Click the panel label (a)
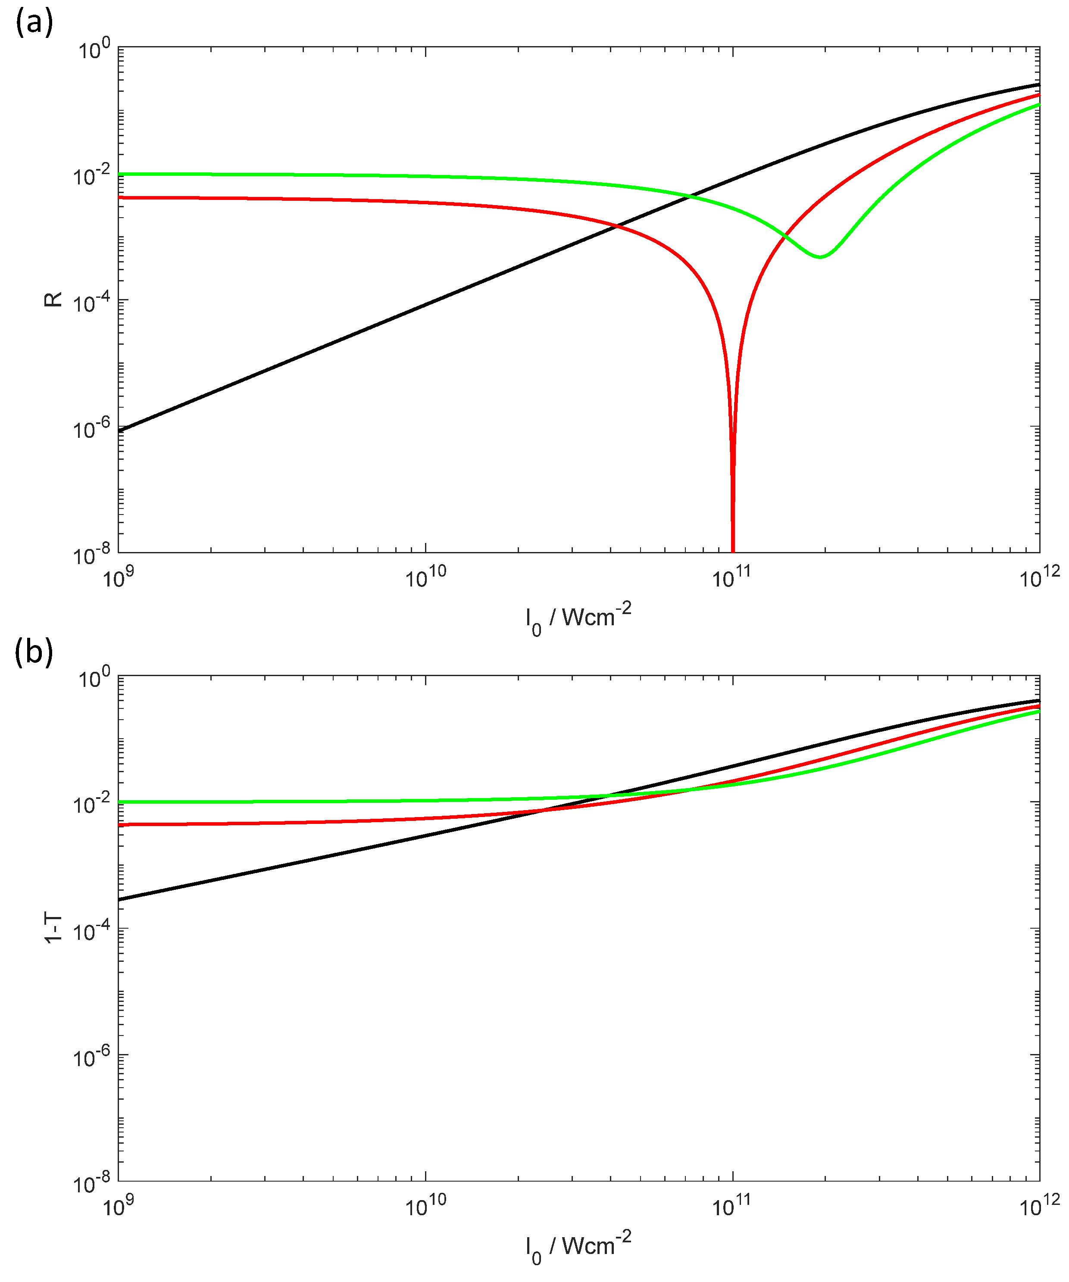(34, 23)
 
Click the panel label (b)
(34, 652)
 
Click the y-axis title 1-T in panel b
(54, 928)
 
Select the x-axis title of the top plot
(578, 618)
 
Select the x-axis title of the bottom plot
(578, 1247)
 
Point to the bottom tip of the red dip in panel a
(733, 549)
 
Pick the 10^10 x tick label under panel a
(425, 576)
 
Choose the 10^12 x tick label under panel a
(1039, 576)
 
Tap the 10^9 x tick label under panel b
(118, 1205)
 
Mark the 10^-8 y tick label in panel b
(91, 1183)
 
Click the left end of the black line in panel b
(120, 899)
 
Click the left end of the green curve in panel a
(120, 174)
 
